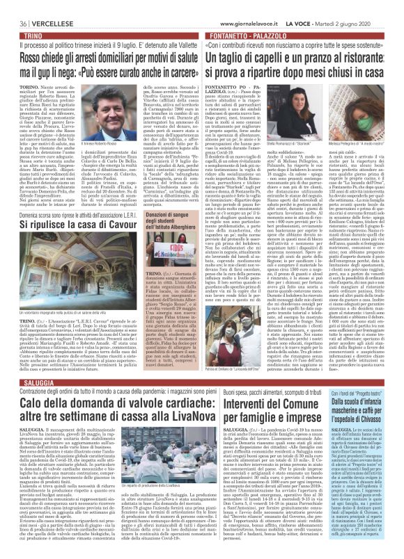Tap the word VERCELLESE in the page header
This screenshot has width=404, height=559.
click(44, 6)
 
